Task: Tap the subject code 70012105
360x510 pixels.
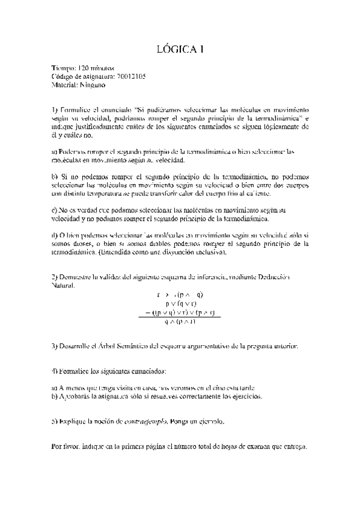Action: (x=129, y=77)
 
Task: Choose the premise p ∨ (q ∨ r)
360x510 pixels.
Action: (x=180, y=304)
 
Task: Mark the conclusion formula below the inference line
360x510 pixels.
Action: (x=180, y=322)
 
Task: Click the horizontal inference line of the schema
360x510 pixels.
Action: (x=180, y=318)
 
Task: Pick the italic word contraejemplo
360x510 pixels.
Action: (x=144, y=422)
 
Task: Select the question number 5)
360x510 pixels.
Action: (x=53, y=422)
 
